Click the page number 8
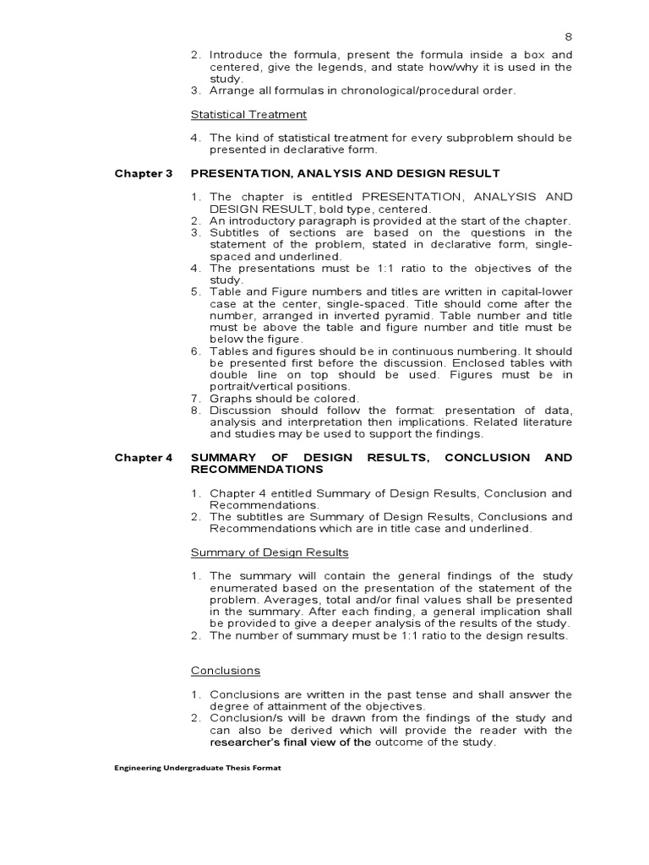(x=568, y=37)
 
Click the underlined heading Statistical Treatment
(x=248, y=114)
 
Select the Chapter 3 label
(x=143, y=173)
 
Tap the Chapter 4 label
(x=143, y=457)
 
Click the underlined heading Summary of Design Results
(x=269, y=552)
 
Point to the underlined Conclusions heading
(x=225, y=671)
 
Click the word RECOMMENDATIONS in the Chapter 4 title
(x=257, y=469)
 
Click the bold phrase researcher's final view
(x=279, y=743)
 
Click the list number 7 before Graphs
(x=194, y=399)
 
